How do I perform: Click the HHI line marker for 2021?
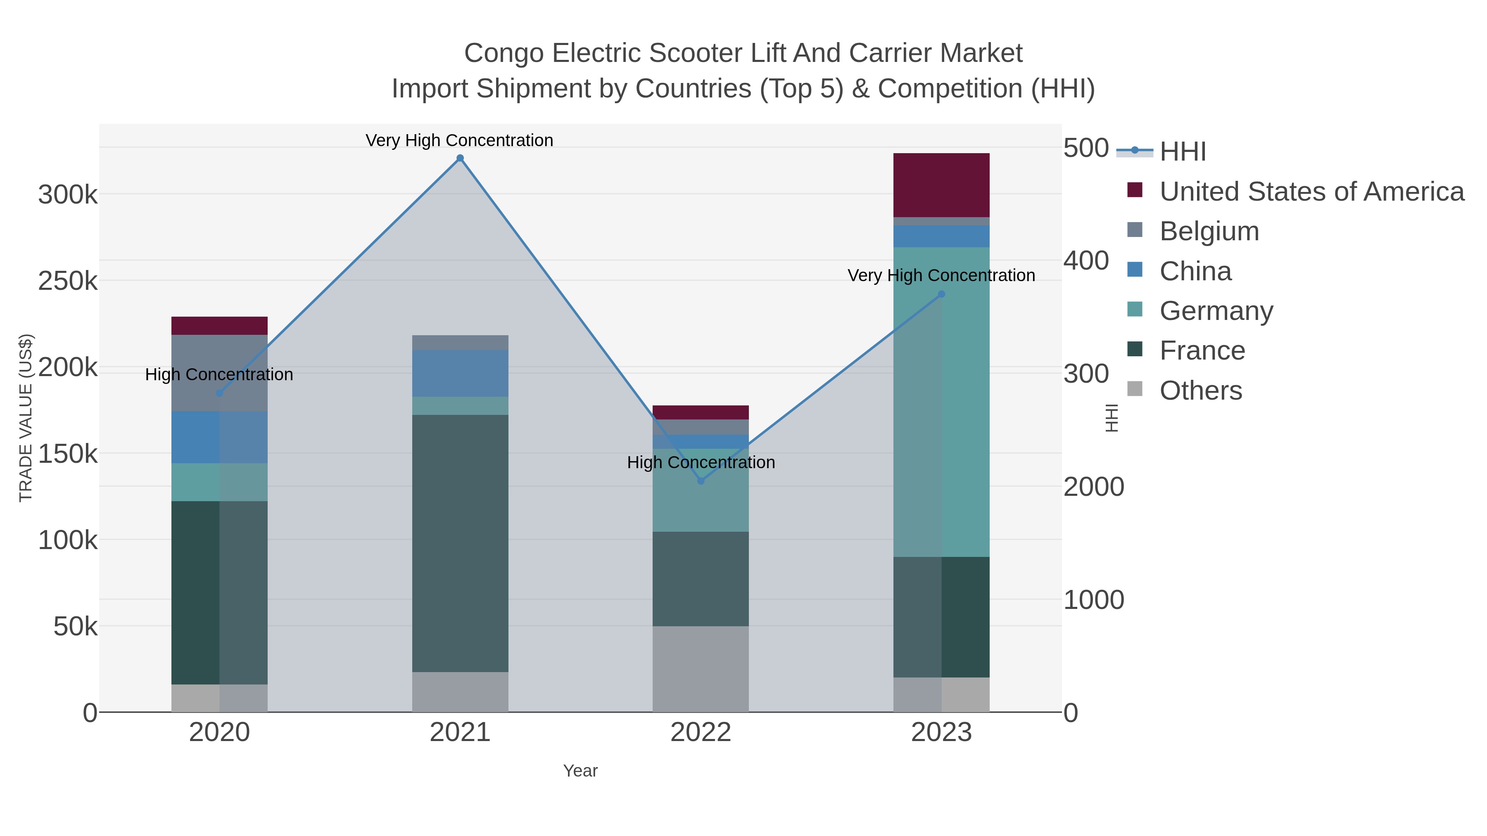coord(460,158)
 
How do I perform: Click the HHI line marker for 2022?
coord(701,481)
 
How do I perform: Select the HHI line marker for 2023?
coord(941,294)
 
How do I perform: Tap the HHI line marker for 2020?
coord(219,393)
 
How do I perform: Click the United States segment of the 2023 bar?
coord(941,185)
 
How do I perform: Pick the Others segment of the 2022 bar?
coord(701,669)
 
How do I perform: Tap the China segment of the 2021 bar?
coord(460,373)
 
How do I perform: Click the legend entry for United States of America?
coord(1311,192)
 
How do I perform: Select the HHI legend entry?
coord(1182,151)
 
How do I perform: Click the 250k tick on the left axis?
coord(68,282)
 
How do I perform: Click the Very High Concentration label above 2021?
coord(459,140)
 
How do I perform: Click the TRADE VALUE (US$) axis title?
coord(26,418)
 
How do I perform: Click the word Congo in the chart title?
coord(504,53)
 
